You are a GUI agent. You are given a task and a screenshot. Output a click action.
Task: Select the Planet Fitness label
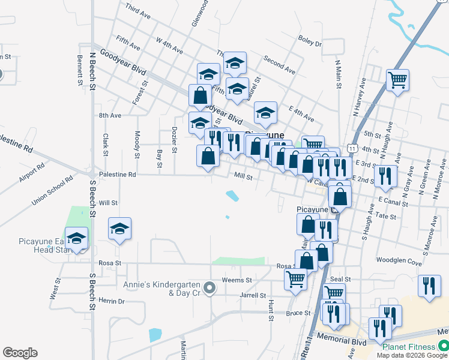409,347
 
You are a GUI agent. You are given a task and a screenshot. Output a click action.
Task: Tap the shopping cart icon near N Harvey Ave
397,80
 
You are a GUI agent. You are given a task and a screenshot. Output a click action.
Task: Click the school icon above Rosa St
120,229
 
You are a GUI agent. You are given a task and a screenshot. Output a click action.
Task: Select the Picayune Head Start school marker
76,238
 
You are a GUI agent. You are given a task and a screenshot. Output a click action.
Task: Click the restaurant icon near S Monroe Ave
428,286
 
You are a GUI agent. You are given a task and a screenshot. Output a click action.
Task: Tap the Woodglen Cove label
399,260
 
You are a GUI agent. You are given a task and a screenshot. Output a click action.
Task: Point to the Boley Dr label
310,43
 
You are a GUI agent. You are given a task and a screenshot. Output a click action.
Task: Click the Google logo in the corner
20,353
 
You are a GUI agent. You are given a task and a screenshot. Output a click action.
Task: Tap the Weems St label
237,280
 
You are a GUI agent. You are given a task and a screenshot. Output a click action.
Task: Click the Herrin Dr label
111,301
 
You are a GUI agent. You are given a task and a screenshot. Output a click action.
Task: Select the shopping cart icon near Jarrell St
295,280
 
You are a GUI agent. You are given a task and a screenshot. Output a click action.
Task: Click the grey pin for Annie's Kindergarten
209,289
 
